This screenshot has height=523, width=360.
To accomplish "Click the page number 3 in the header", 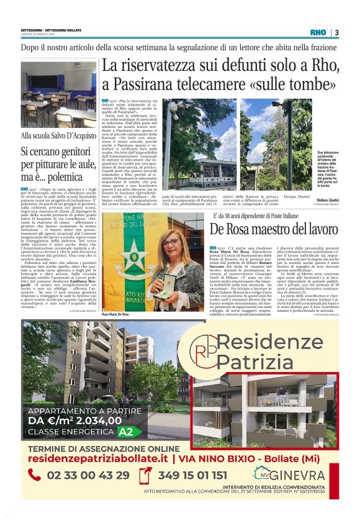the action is (x=336, y=32).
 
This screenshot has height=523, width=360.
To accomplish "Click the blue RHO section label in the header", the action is (x=318, y=32).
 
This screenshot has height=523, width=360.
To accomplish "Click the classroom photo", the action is (x=58, y=94).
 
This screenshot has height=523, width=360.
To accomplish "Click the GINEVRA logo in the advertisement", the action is (x=297, y=476).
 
